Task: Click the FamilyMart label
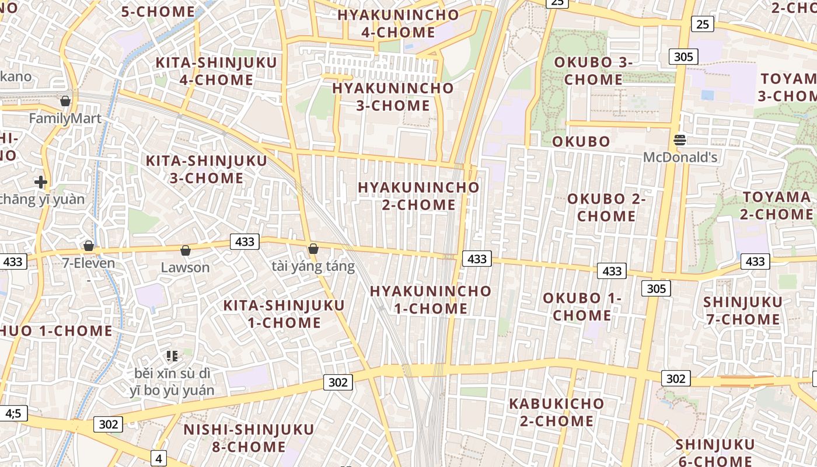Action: coord(65,119)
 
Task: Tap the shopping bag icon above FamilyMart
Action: coord(65,101)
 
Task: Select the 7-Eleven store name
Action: coord(89,263)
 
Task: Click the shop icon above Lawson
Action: coord(186,250)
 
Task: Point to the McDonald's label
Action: coord(680,158)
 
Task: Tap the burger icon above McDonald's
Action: coord(680,140)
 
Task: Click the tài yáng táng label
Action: coord(313,267)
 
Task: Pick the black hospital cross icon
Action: coord(41,182)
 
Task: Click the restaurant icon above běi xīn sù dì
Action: coord(172,356)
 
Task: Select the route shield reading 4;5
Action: coord(13,413)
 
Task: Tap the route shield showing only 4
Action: coord(159,458)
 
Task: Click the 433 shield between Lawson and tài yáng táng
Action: coord(245,241)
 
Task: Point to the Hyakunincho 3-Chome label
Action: coord(393,97)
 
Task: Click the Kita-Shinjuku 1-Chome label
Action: coord(284,314)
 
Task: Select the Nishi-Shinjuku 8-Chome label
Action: coord(249,438)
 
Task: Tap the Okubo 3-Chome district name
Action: coord(593,71)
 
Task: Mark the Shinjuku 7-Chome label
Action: coord(742,311)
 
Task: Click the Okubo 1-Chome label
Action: coord(582,307)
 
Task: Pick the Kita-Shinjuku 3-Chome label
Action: coord(207,169)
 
